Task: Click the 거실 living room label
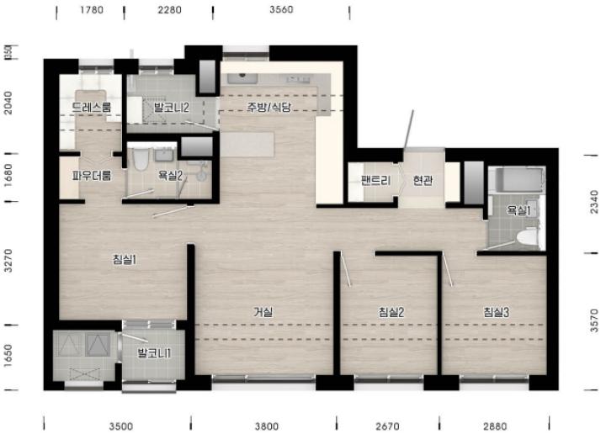point(263,312)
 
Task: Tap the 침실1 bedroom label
point(125,259)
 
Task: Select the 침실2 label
point(391,312)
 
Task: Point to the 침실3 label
point(497,312)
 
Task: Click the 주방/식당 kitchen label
point(268,107)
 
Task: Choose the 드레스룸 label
point(92,107)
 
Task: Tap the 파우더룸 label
point(92,176)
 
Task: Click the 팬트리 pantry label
point(375,180)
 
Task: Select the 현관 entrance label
point(423,180)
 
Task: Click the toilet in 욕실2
point(141,159)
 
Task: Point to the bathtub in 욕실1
point(518,179)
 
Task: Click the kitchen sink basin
point(242,78)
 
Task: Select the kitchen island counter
point(247,144)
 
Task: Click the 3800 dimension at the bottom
point(267,426)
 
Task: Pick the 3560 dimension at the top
point(281,9)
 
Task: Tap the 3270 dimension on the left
point(8,261)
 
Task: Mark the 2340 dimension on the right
point(594,201)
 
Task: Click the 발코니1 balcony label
point(154,353)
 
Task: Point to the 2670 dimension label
point(388,426)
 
